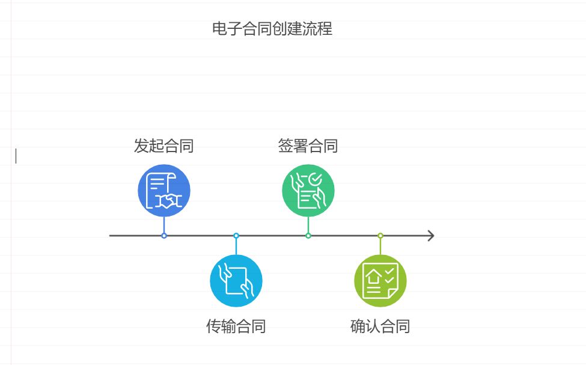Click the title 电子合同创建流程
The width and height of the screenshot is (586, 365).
pos(272,29)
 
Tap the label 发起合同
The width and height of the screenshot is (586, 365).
pos(163,146)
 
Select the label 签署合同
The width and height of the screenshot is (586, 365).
pos(308,146)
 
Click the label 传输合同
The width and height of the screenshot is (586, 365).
pos(236,327)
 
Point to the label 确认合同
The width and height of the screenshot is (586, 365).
pos(380,327)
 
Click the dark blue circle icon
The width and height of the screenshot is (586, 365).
pos(164,191)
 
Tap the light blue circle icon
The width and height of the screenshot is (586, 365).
pos(236,281)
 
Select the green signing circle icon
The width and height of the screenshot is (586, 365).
pos(308,191)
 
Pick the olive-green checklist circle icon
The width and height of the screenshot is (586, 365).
pos(380,281)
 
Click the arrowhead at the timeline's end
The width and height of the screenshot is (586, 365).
pos(430,236)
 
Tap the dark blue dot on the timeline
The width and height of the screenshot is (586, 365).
pos(164,236)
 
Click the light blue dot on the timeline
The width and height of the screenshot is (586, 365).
pos(236,236)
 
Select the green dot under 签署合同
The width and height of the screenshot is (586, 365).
pos(308,236)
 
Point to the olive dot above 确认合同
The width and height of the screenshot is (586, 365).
pos(380,236)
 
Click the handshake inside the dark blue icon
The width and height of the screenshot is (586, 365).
pos(168,200)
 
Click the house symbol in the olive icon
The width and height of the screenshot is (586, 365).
pos(374,277)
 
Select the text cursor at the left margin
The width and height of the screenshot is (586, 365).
pos(16,156)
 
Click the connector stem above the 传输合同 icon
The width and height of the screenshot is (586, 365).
pos(236,247)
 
